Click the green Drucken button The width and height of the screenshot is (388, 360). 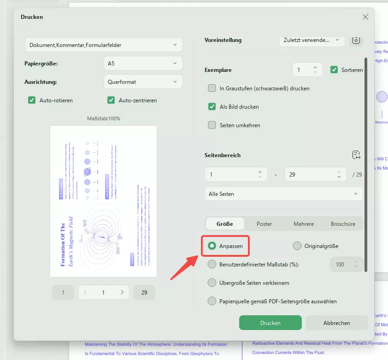tap(270, 323)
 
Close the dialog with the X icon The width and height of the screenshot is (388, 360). tap(365, 17)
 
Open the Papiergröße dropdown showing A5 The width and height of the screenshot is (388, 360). tap(143, 63)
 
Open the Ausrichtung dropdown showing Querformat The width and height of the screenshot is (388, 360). tap(143, 82)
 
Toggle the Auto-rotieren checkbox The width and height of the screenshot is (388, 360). tap(32, 100)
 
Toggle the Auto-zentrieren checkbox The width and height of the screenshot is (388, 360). tap(111, 100)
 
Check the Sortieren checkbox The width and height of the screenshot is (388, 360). tap(335, 70)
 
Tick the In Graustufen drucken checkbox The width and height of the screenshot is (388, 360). tap(212, 88)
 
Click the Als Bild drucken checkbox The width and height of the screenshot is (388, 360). tap(212, 106)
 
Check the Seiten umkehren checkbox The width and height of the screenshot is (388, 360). tap(212, 125)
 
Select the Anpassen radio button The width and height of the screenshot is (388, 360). tap(212, 246)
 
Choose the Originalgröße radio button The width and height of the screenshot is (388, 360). tap(297, 246)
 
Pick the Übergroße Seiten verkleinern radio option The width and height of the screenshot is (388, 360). tap(212, 283)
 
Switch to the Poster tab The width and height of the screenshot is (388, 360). tap(264, 224)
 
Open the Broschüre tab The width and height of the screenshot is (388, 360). tap(343, 224)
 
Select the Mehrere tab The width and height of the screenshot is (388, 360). tap(304, 224)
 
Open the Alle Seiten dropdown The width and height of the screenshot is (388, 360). tap(283, 194)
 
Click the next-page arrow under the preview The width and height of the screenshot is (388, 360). tap(122, 292)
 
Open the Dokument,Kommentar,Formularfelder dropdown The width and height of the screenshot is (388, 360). tap(103, 45)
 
